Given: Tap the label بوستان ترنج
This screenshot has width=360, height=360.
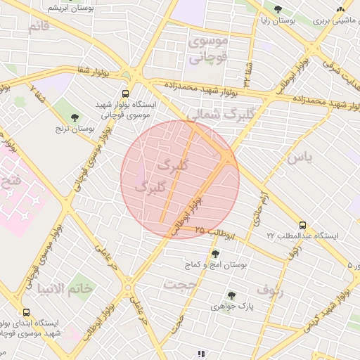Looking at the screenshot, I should point(75,130).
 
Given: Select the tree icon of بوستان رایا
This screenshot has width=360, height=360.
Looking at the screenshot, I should point(278,10).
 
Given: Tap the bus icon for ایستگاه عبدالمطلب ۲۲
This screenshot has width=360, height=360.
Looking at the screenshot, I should point(303,224).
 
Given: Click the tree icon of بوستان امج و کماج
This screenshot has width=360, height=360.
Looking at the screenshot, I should point(215,254).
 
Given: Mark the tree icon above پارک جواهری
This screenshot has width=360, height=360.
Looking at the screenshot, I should point(231,296).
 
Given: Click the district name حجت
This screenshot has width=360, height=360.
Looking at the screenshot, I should point(179,284).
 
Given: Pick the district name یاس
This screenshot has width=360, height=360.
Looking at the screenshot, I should point(298,157).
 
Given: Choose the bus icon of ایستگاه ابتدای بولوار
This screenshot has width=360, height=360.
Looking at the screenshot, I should point(26,313).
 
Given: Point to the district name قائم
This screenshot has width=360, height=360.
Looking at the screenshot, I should point(39,27).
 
